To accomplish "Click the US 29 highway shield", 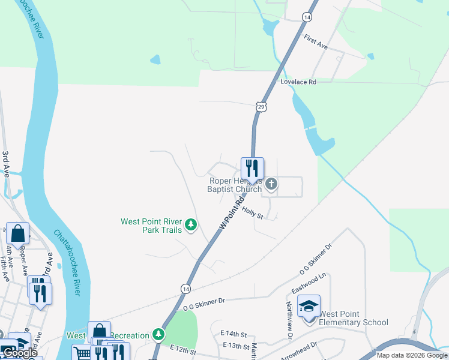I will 260,107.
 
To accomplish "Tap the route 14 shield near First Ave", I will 307,17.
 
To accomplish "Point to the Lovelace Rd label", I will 298,82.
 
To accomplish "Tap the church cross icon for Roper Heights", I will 271,184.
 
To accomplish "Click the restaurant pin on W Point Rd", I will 252,169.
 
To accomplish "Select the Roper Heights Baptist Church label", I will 235,185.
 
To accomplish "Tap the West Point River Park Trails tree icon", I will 191,225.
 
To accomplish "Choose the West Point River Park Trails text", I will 151,226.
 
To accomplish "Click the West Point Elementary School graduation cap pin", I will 309,306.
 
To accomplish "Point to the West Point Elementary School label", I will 353,318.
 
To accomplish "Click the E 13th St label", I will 236,346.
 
